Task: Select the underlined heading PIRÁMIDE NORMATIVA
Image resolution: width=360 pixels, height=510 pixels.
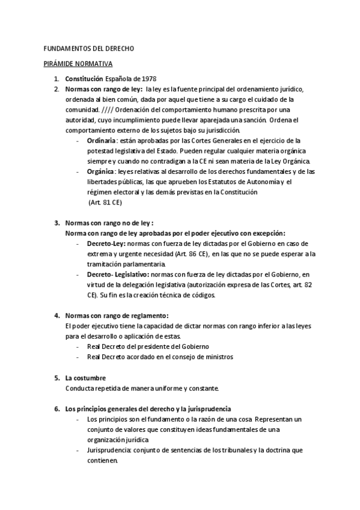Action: point(79,63)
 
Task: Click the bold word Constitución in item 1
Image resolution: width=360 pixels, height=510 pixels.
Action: point(84,79)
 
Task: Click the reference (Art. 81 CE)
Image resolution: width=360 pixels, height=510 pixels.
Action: point(105,203)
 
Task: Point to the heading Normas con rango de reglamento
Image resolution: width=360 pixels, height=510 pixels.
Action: point(117,315)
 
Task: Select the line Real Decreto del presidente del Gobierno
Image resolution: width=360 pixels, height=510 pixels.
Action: point(148,346)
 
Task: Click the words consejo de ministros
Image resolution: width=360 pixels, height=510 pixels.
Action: point(203,357)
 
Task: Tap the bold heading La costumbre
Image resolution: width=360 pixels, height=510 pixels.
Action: point(85,378)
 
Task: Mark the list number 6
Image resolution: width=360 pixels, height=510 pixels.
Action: point(56,409)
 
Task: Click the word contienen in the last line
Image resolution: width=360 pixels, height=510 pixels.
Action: point(102,461)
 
